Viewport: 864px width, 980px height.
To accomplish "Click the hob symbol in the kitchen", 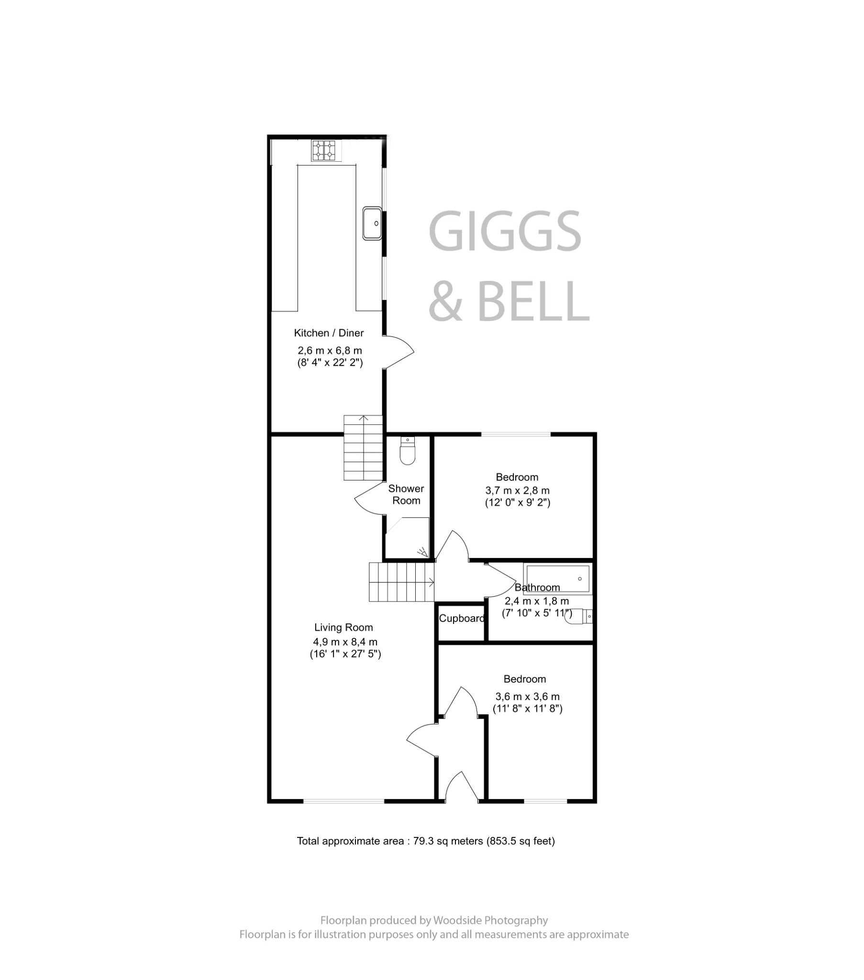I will coord(325,150).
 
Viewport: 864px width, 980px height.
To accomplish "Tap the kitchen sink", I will coord(372,223).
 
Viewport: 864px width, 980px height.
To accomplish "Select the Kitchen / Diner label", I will coord(329,333).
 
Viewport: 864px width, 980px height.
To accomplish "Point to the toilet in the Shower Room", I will coord(407,452).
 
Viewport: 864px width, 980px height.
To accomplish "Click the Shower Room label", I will coord(406,494).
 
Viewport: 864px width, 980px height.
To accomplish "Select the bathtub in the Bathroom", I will coord(558,579).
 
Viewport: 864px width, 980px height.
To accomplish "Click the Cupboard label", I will coord(461,619).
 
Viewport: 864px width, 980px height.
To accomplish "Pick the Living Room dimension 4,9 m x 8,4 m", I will coord(345,642).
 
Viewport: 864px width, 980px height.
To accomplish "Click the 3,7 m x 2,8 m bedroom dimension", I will coord(517,490).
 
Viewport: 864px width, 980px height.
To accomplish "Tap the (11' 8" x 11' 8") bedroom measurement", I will coord(527,709).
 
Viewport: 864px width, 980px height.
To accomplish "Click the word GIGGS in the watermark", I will coord(504,231).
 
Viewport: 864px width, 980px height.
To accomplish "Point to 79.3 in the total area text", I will coord(423,841).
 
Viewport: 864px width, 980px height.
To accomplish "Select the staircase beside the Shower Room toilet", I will coord(363,448).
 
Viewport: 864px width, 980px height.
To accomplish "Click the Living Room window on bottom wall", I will coord(344,800).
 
